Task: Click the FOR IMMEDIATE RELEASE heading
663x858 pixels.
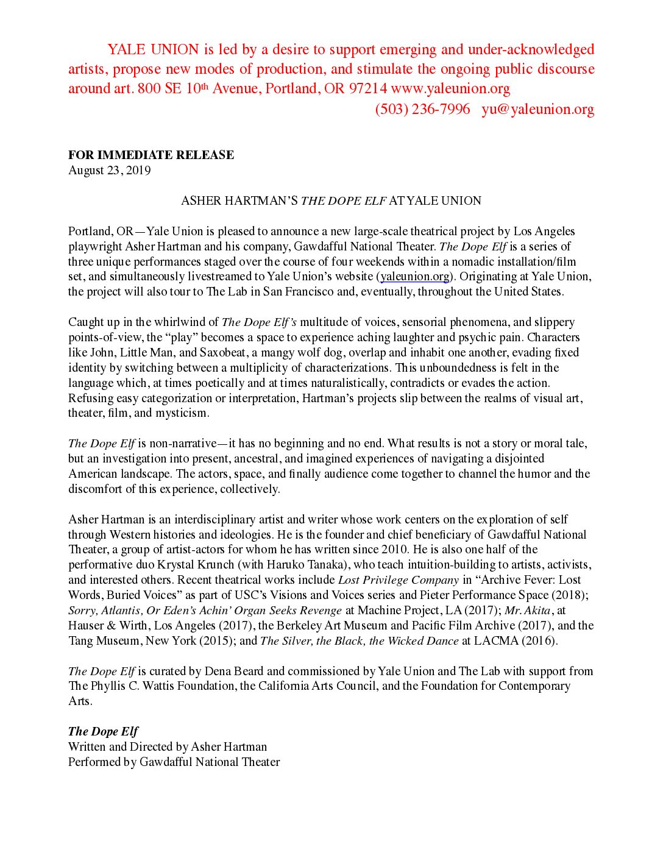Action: tap(151, 155)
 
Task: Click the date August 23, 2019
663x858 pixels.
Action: tap(109, 170)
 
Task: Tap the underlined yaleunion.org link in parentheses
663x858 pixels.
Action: tap(414, 277)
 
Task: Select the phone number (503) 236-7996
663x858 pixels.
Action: tap(422, 109)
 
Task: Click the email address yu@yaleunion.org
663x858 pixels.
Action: tap(537, 109)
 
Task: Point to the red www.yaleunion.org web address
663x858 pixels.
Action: tap(450, 88)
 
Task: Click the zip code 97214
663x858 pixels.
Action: tap(367, 88)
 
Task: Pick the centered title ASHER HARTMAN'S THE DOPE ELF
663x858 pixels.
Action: tap(331, 200)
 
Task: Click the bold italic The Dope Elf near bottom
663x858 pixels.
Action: tap(103, 731)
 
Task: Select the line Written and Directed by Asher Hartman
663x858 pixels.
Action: tap(168, 746)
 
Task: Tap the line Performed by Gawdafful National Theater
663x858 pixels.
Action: tap(174, 762)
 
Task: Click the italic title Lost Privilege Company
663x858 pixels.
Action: tap(398, 580)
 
